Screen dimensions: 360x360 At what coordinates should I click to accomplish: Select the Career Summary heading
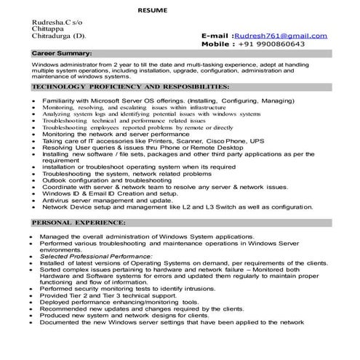61,54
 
